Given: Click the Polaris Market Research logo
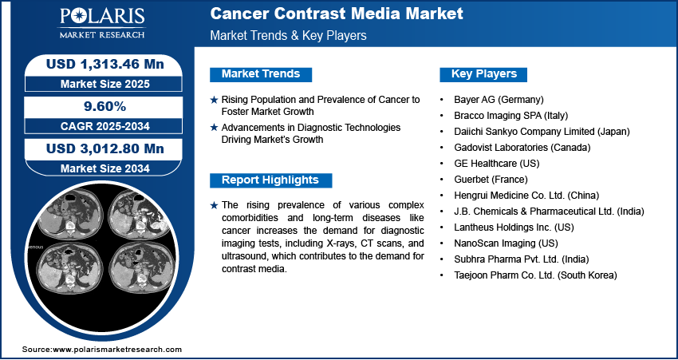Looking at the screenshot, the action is point(102,23).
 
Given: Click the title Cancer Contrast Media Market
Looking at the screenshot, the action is point(337,14).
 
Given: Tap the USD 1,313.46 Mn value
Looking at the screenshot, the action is point(105,64).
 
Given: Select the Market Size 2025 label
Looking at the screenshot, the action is point(105,84).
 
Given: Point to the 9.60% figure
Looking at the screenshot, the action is point(104,106).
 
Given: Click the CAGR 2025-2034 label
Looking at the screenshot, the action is point(105,126).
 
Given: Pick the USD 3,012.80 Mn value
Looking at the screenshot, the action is point(105,148).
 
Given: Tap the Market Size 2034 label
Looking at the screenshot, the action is point(105,168).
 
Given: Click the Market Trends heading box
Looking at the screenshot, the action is point(261,74).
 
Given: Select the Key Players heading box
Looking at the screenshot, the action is point(483,74).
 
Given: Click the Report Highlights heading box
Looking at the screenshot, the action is point(270,180).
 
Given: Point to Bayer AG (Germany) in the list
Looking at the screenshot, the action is point(499,100).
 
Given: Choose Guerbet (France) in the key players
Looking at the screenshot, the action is point(491,179).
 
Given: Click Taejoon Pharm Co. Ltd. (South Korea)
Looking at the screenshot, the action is point(535,275).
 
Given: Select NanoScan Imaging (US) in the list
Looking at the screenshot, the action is point(506,243).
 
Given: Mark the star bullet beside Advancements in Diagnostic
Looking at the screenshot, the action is point(214,128).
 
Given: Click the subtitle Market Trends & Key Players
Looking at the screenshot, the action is point(288,35).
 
